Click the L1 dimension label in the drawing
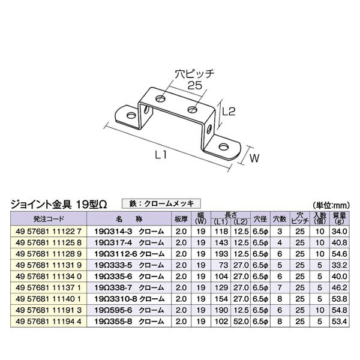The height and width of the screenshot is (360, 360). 161,155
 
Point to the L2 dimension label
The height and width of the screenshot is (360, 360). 229,112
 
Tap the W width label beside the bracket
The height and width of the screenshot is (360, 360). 254,158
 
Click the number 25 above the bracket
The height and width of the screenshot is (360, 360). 194,85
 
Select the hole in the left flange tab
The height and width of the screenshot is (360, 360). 131,115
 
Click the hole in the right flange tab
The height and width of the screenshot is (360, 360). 224,146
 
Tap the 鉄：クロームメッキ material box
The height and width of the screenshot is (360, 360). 161,203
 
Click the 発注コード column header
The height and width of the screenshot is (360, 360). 49,219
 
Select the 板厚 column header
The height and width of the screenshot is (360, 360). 181,219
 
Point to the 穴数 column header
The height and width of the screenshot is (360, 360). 280,219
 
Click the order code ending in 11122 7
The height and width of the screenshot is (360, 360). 49,231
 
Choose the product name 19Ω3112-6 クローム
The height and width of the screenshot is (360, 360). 130,254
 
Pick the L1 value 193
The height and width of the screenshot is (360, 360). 221,254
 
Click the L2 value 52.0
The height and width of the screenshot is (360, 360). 241,321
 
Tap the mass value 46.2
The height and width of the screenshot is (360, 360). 340,287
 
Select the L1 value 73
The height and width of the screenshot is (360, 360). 223,265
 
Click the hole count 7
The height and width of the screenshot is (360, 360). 280,287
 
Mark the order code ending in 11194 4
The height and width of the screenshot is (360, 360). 49,321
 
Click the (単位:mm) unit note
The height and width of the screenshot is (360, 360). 331,205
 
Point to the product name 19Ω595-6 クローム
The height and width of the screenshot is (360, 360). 129,310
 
